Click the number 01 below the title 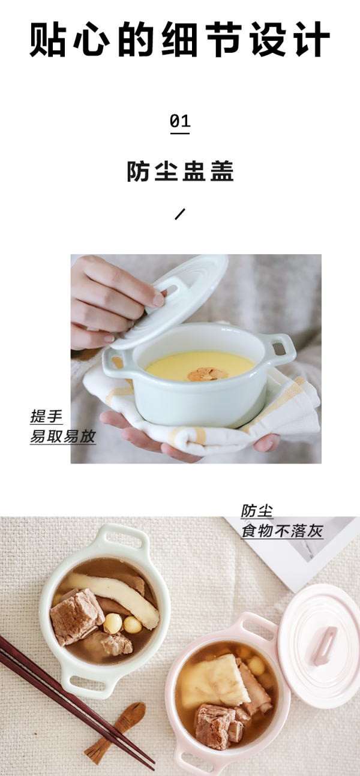point(180,121)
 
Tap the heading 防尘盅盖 point(180,171)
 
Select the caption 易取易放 point(63,436)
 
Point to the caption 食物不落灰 point(282,531)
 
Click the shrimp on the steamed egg point(204,374)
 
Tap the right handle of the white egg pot point(282,349)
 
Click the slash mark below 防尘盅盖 point(180,214)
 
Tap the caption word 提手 point(46,416)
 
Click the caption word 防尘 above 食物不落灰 point(257,512)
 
